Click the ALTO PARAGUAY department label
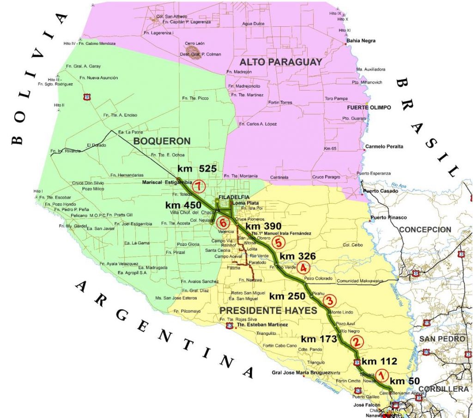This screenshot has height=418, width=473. [280, 62]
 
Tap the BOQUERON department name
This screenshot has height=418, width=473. [161, 140]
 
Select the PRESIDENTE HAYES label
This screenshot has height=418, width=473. [268, 310]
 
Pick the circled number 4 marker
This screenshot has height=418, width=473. [303, 267]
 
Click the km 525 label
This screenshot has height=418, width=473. [197, 169]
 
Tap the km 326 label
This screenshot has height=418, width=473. [297, 256]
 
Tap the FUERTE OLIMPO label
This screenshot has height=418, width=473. [369, 108]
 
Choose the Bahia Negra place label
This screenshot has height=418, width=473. [361, 41]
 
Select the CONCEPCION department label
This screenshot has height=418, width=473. [425, 230]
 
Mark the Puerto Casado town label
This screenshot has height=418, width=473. [377, 191]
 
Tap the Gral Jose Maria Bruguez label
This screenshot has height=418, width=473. [301, 372]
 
